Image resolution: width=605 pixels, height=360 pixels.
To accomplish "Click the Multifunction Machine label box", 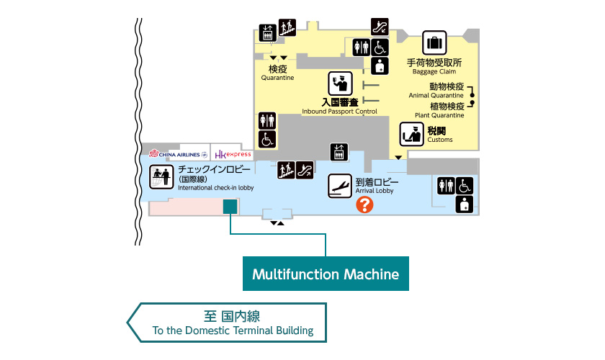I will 326,274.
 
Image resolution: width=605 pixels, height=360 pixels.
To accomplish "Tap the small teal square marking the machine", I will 230,207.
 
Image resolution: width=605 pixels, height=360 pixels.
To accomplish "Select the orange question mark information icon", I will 365,205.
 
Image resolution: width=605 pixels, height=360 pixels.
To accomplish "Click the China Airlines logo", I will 177,154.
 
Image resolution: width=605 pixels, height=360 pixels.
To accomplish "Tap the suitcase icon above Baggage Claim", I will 434,43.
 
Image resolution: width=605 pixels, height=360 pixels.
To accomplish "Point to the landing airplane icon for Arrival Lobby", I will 339,186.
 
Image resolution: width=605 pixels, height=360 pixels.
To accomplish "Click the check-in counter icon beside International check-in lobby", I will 161,177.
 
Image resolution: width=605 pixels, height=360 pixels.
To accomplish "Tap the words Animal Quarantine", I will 436,95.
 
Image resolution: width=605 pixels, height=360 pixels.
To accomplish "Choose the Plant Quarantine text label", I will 439,114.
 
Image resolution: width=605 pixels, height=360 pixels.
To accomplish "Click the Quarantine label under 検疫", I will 277,78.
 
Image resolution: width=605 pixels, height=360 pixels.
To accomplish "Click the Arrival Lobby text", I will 375,192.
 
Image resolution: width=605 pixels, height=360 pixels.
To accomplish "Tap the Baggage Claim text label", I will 434,71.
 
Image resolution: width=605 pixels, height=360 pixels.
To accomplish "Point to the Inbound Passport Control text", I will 339,112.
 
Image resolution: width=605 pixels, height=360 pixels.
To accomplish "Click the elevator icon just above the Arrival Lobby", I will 339,152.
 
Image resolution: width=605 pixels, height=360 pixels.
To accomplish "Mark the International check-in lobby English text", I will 216,188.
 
